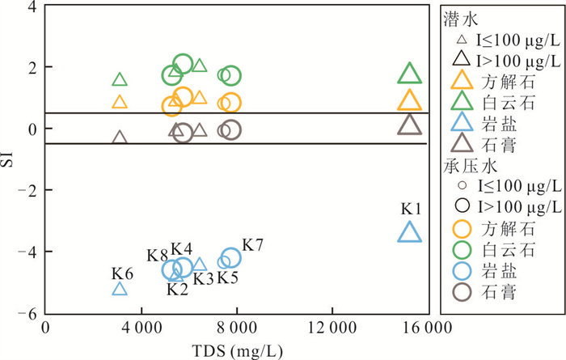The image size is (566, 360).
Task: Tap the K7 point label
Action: pyautogui.click(x=253, y=244)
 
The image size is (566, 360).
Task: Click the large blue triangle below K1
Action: pyautogui.click(x=410, y=233)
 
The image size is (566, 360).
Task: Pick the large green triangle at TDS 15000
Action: pyautogui.click(x=410, y=75)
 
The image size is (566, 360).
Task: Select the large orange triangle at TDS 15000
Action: pyautogui.click(x=410, y=101)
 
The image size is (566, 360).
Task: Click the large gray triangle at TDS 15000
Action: pyautogui.click(x=410, y=125)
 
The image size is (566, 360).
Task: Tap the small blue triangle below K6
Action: pyautogui.click(x=120, y=289)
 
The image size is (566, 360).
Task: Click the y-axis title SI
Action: pyautogui.click(x=9, y=159)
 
